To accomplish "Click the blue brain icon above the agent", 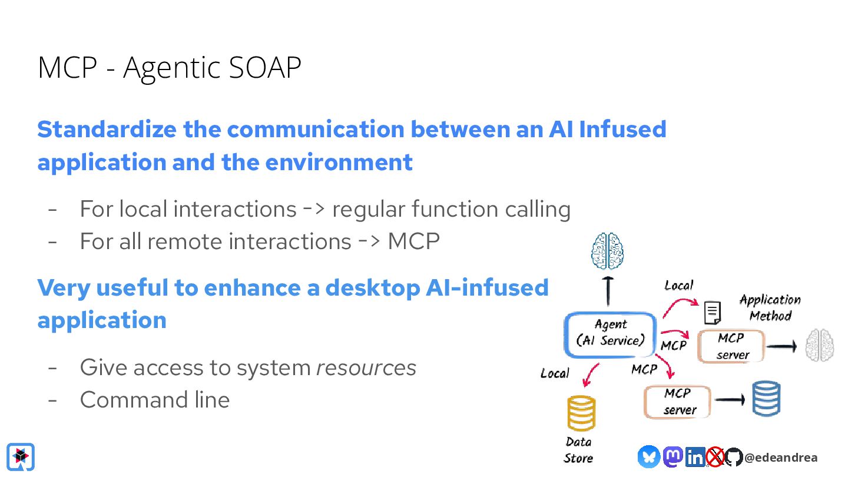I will pos(608,251).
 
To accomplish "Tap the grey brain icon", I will pos(820,345).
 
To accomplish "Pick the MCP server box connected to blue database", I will pos(678,402).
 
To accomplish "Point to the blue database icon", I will pos(766,399).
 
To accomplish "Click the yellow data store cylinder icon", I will pos(581,413).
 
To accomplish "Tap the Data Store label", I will pos(578,450).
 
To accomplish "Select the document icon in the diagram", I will pos(713,313).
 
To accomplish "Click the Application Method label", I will pos(770,307).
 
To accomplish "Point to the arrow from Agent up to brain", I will pos(609,291).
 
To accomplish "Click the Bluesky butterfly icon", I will pos(648,456).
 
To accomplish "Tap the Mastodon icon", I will pos(673,456).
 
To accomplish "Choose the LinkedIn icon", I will pos(695,457).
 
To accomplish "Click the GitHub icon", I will pos(733,457).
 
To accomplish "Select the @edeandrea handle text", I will pos(780,458).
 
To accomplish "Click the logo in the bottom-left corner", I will pos(21,456).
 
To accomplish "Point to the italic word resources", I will pos(366,367).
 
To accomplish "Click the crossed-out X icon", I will pos(715,457).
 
